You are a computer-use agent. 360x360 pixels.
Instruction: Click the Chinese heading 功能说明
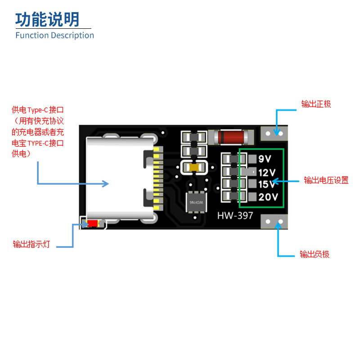(x=47, y=19)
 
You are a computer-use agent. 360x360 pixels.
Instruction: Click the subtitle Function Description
(x=54, y=35)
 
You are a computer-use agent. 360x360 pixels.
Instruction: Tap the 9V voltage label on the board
(x=265, y=159)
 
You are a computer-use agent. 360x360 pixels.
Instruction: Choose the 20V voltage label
(x=269, y=197)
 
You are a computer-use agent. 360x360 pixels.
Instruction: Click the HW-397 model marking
(x=235, y=216)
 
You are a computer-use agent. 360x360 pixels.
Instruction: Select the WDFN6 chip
(x=197, y=201)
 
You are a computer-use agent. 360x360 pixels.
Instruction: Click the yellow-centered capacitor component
(x=194, y=167)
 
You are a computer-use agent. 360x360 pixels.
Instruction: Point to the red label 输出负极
(x=315, y=254)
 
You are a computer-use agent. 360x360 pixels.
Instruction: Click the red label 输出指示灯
(x=31, y=244)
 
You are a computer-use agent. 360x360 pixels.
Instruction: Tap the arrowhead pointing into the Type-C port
(x=106, y=183)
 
